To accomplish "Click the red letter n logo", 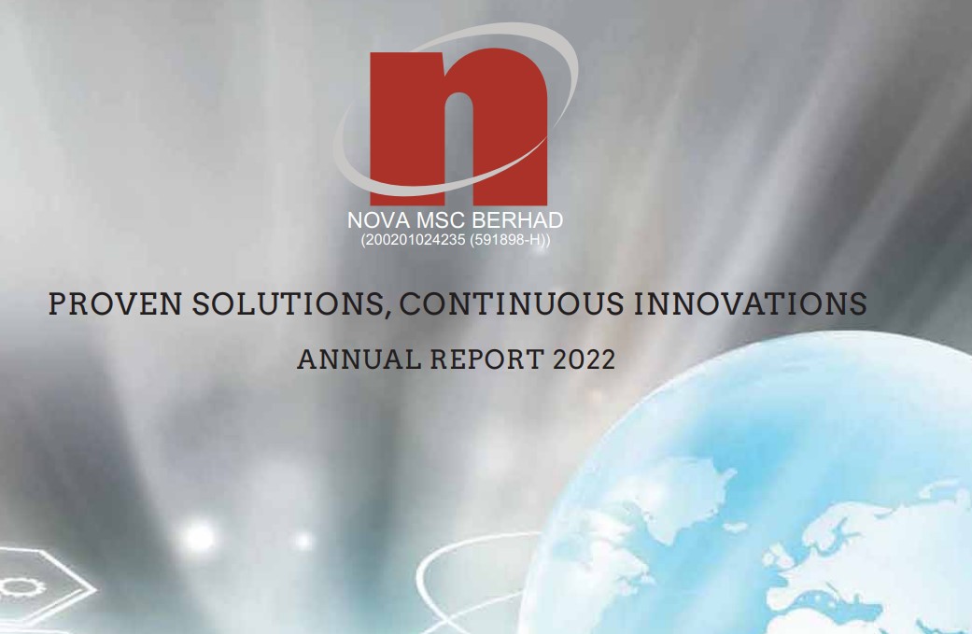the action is [458, 128].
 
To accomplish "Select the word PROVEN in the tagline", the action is [115, 303].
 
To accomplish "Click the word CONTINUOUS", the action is [512, 303].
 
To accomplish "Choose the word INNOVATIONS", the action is [750, 303].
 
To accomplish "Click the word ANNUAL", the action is [359, 359].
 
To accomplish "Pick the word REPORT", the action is [487, 359].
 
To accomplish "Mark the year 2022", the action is [584, 359].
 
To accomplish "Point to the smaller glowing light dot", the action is [303, 541].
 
